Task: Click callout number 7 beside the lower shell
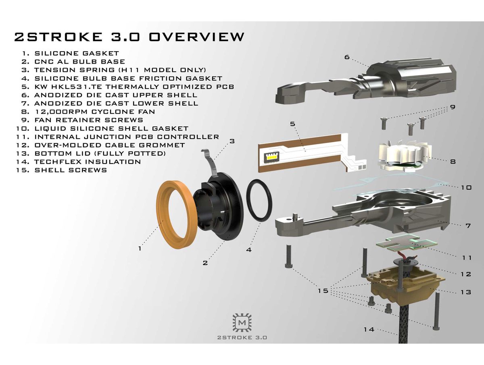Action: [468, 226]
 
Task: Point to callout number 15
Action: [323, 290]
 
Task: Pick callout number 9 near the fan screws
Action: [453, 107]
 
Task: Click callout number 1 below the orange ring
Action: [140, 249]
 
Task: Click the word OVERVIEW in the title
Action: [197, 37]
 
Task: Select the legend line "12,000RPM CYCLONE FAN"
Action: [94, 111]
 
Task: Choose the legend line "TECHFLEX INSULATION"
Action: [88, 162]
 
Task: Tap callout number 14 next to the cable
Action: [369, 330]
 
